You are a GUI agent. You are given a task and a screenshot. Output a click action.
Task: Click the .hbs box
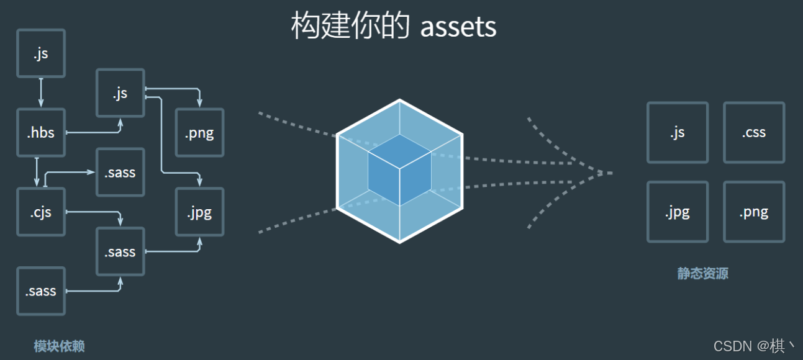click(x=41, y=133)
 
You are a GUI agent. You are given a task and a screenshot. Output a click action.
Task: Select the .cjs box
click(x=41, y=212)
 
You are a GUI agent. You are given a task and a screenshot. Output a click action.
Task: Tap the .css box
click(x=754, y=133)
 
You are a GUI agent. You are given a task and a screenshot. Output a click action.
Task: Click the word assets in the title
click(x=458, y=27)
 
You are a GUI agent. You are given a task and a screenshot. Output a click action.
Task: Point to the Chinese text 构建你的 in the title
click(x=350, y=27)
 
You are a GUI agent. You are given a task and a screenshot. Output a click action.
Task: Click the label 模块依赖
click(x=59, y=346)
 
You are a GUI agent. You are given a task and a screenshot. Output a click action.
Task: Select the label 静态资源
click(x=702, y=274)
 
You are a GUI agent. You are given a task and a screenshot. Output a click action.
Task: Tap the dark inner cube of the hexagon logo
click(x=399, y=170)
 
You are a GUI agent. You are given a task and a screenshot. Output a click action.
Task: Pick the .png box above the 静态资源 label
click(x=754, y=212)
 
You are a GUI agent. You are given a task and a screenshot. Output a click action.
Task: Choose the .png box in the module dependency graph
click(x=200, y=133)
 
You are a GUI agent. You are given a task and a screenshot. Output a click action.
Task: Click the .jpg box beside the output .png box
click(x=678, y=212)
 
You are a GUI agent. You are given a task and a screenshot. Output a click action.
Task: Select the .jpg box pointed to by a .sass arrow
click(x=200, y=212)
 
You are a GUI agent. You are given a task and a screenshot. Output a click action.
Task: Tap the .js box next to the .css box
click(x=678, y=133)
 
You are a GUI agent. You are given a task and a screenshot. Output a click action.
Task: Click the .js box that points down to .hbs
click(x=41, y=54)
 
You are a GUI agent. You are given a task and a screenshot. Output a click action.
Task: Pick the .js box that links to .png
click(x=120, y=93)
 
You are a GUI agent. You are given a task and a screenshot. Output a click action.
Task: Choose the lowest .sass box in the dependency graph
click(x=41, y=291)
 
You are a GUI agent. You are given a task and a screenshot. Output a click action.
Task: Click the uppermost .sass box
click(x=120, y=173)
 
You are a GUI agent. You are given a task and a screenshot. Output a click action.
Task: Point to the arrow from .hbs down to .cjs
click(x=37, y=172)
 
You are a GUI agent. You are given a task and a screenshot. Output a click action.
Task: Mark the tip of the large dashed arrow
click(x=611, y=173)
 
